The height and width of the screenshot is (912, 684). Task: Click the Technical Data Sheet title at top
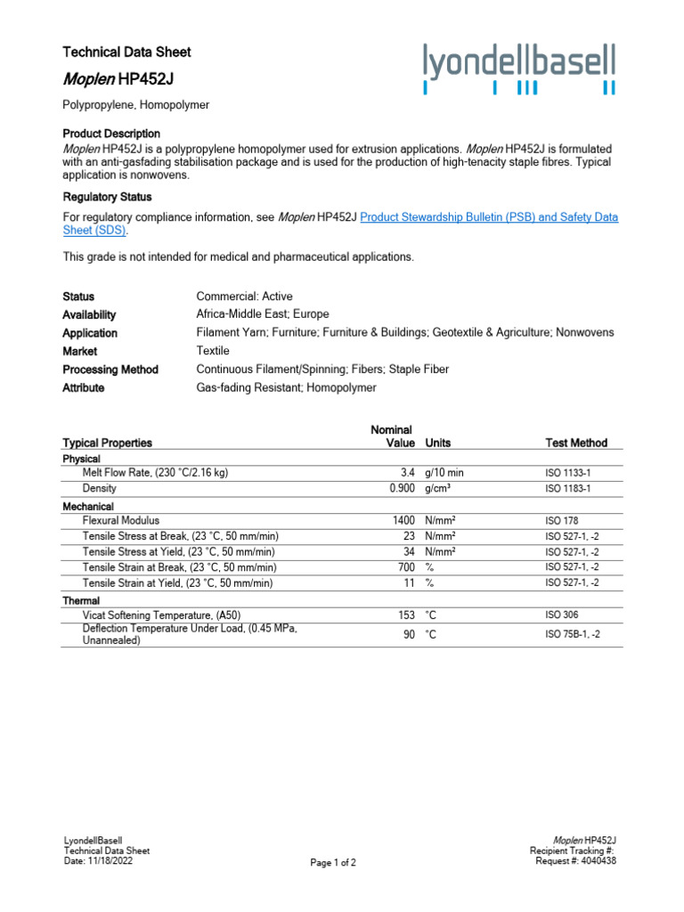click(x=126, y=52)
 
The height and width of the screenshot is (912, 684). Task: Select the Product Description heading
click(x=111, y=133)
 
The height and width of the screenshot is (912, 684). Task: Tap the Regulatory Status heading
click(x=107, y=197)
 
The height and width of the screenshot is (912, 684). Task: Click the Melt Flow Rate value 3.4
click(x=406, y=473)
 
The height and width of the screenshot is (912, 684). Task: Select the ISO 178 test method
click(x=563, y=520)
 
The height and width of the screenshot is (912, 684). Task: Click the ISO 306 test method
click(x=563, y=615)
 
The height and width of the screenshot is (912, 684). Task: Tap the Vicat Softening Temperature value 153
click(x=406, y=615)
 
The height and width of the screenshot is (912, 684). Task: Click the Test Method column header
click(x=576, y=443)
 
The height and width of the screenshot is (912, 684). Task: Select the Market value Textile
click(x=213, y=351)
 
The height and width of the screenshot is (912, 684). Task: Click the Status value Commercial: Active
click(x=244, y=297)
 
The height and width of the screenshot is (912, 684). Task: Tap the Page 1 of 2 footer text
click(x=333, y=863)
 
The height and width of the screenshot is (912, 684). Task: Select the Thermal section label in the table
click(x=81, y=600)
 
